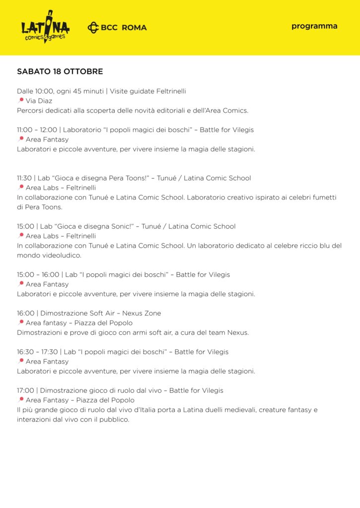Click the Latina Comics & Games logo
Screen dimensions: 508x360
coord(45,27)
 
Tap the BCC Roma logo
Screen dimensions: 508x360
coord(117,28)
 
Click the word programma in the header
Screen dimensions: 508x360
coord(314,26)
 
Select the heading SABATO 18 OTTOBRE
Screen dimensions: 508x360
coord(60,71)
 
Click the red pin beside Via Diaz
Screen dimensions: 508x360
coord(21,100)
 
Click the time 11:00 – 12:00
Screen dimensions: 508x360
coord(37,130)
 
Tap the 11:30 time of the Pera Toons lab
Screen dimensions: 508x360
coord(25,178)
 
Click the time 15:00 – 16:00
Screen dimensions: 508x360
coord(38,274)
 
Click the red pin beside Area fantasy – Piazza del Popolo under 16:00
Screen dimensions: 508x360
coord(21,322)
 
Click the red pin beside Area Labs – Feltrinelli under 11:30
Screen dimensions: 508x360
coord(21,188)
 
